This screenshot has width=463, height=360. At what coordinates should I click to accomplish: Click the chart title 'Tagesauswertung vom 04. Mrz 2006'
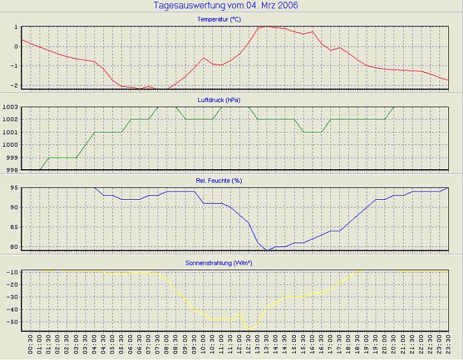(x=226, y=6)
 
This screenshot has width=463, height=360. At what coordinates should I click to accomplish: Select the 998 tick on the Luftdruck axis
(x=11, y=170)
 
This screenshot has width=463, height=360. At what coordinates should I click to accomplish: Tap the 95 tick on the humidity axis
(x=13, y=188)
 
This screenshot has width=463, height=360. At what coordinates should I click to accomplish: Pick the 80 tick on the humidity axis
(x=13, y=246)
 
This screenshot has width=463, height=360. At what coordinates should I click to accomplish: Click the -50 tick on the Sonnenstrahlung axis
(x=11, y=322)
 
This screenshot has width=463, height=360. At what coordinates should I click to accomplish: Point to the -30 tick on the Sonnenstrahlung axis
(x=11, y=297)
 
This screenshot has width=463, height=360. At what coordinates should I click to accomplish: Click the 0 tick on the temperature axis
(x=15, y=47)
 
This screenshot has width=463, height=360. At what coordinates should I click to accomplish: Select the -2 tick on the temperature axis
(x=13, y=86)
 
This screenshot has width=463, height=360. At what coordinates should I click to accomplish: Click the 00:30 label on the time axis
(x=31, y=347)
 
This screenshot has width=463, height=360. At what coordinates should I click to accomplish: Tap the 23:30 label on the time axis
(x=448, y=347)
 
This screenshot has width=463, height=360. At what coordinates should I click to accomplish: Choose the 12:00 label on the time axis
(x=239, y=347)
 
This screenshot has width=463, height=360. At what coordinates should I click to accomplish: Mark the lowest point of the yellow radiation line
(x=249, y=330)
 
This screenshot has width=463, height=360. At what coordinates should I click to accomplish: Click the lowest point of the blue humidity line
(x=268, y=250)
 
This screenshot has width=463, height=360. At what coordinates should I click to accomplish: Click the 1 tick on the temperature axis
(x=15, y=27)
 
